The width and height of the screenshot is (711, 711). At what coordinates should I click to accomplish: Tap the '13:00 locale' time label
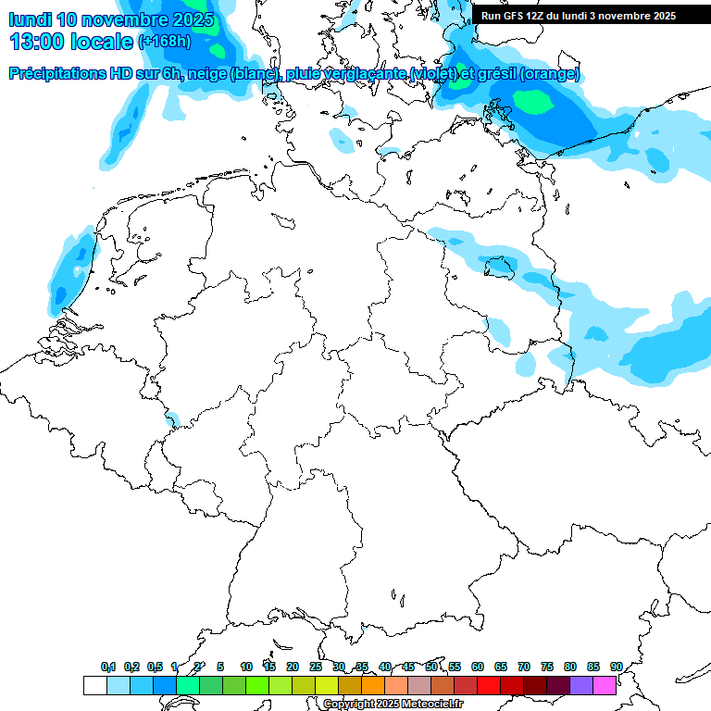(71, 42)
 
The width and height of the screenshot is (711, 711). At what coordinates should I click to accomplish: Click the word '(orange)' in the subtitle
(549, 74)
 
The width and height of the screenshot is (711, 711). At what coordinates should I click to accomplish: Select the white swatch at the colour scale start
(94, 685)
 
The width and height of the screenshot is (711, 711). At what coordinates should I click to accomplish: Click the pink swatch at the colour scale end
(605, 685)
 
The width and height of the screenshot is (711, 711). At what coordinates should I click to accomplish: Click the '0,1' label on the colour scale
(108, 667)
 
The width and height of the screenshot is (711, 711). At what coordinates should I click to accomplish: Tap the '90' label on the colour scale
(616, 667)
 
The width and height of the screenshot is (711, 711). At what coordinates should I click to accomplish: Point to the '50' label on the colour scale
(431, 667)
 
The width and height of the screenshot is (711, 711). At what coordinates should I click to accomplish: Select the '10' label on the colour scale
(246, 667)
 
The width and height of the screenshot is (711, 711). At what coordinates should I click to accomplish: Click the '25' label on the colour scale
(316, 667)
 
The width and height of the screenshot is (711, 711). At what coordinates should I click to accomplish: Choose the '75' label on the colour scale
(547, 667)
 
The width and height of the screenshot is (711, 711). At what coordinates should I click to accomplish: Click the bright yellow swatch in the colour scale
(326, 685)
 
